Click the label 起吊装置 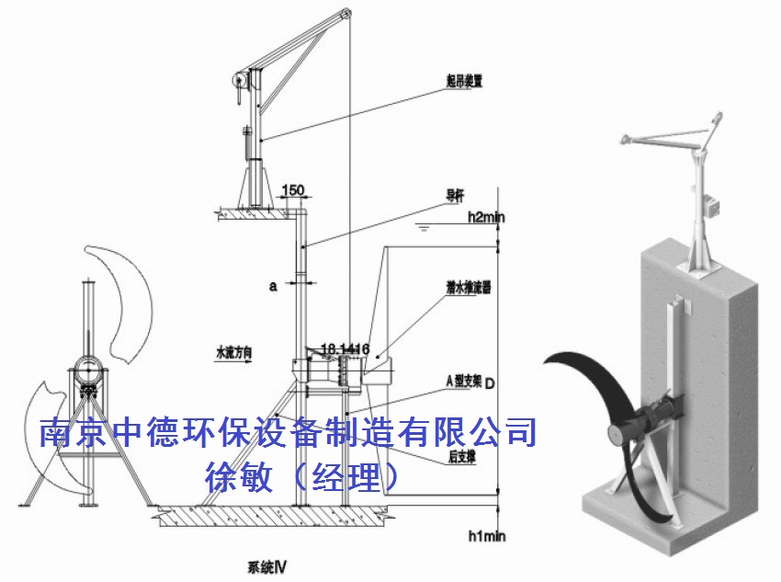[465, 81]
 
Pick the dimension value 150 [292, 191]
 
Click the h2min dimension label [486, 218]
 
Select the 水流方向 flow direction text [233, 351]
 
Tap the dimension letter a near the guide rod [273, 286]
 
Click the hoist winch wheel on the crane [238, 82]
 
